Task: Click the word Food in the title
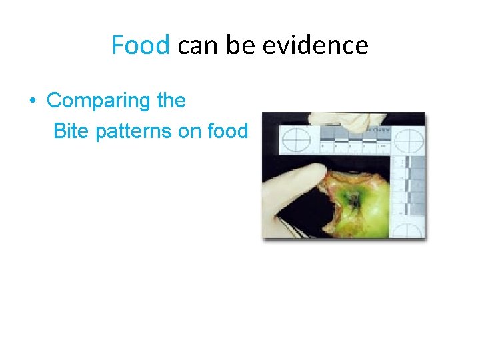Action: click(x=141, y=45)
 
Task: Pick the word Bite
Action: click(x=71, y=131)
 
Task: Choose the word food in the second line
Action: click(x=227, y=131)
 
